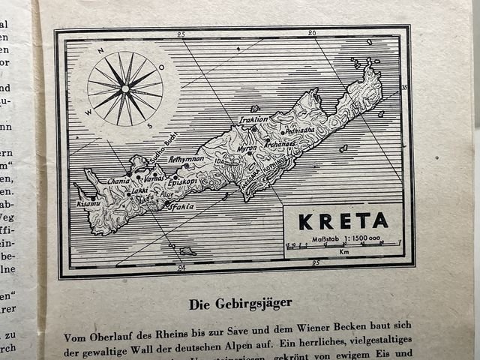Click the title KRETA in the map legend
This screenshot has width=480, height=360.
(343, 220)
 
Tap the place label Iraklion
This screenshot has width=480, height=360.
(253, 119)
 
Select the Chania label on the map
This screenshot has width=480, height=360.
(118, 180)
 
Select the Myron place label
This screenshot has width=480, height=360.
(247, 148)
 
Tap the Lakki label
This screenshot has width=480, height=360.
(139, 190)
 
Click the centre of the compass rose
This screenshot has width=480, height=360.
(124, 88)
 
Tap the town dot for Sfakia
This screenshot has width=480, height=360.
(166, 202)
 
